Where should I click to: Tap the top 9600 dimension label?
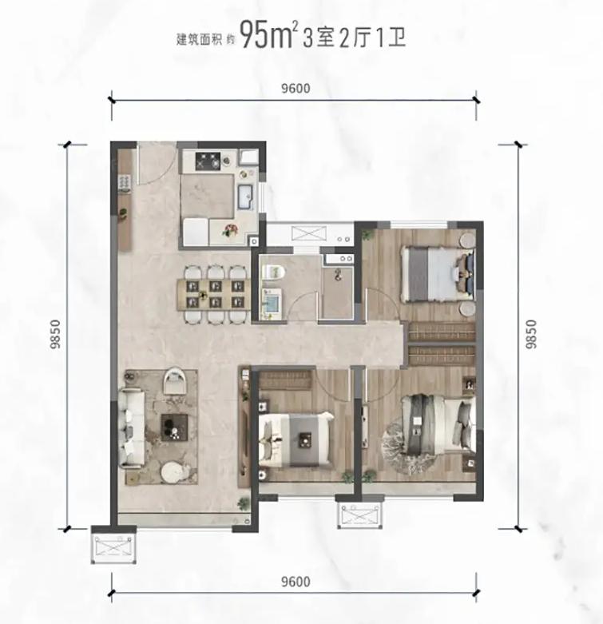tap(296, 89)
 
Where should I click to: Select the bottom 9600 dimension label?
tap(296, 582)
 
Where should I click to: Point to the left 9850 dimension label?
tap(55, 334)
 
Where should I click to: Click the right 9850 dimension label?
tap(530, 334)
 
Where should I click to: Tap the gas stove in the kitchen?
tap(208, 161)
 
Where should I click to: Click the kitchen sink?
tap(247, 197)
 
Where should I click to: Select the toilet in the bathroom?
tap(274, 272)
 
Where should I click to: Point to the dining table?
tap(215, 295)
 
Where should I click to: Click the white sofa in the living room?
tap(131, 428)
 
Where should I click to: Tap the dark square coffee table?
tap(175, 427)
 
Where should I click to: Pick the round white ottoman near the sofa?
tap(175, 472)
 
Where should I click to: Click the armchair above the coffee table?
tap(176, 380)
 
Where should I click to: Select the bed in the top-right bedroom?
tap(438, 274)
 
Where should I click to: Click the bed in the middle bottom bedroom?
tap(296, 439)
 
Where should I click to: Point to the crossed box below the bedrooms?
tap(360, 515)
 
